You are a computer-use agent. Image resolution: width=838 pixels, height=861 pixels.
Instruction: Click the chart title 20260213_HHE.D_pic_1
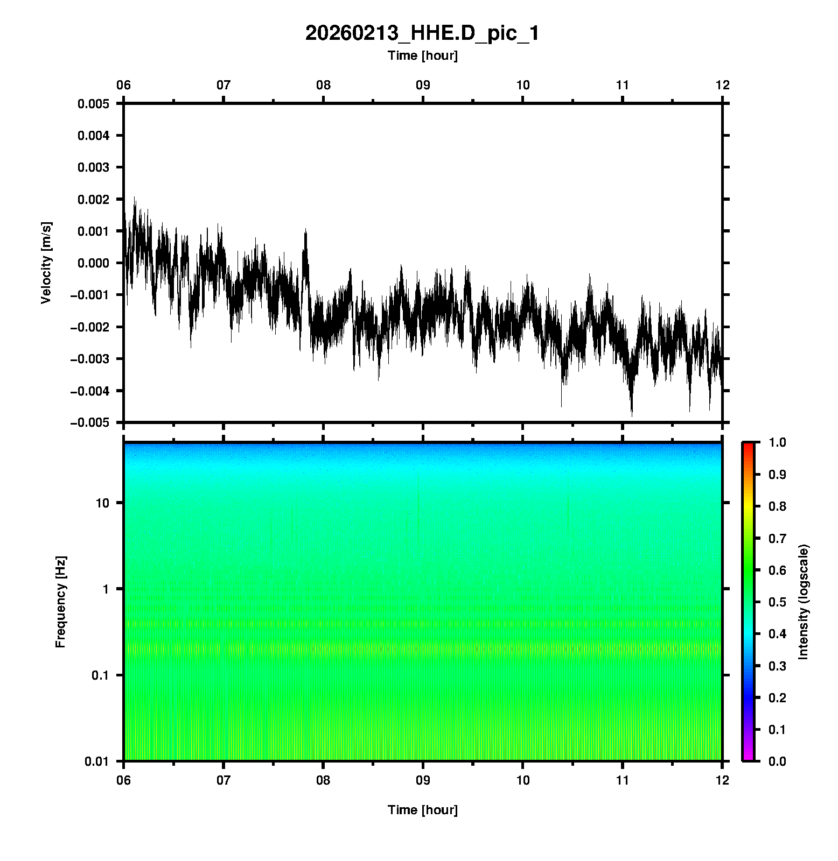coord(422,33)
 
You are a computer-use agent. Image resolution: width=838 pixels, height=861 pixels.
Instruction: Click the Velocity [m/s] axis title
coord(47,263)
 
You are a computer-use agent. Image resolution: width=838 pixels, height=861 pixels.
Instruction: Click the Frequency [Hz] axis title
coord(60,602)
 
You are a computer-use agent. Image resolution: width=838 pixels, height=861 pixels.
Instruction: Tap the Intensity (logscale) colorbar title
coord(804,602)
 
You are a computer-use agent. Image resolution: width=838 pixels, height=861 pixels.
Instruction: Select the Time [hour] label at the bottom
coord(422,810)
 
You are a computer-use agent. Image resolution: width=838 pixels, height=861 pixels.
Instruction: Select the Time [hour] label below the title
coord(422,55)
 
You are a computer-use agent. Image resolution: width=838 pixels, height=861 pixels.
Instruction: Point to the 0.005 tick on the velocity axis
coord(93,104)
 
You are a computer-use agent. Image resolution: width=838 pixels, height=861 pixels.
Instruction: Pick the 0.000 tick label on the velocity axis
coord(93,263)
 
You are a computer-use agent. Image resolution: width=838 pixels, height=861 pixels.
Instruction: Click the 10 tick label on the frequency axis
coord(102,503)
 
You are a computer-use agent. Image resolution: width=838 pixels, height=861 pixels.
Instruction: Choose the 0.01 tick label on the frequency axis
coord(97,761)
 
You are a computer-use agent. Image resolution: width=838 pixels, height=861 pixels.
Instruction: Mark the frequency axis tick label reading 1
coord(106,589)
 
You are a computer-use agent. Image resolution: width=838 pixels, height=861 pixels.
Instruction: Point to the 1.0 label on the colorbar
coord(778,442)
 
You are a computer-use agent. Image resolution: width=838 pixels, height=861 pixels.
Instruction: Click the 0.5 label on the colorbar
coord(778,602)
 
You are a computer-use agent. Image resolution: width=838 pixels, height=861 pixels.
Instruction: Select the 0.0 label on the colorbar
coord(778,761)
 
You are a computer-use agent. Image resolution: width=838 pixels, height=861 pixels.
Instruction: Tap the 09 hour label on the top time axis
coord(423,85)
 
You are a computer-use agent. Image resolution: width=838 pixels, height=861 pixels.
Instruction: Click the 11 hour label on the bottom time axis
coord(623,780)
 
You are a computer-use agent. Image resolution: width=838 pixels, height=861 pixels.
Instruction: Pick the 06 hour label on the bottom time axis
coord(124,780)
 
